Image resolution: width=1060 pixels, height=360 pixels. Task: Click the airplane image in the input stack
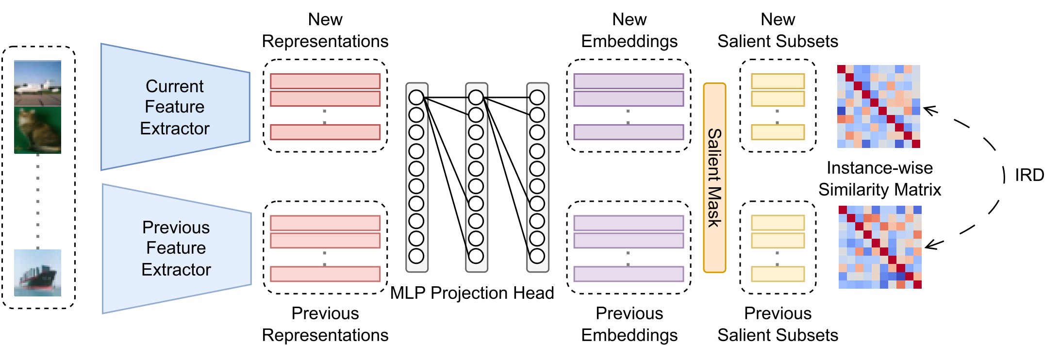point(37,83)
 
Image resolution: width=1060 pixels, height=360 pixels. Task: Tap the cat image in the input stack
point(37,130)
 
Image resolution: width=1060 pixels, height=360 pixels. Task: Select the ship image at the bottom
point(37,273)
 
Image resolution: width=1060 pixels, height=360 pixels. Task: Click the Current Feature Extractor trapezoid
point(175,107)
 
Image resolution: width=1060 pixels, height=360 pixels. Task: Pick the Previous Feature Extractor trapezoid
point(176,248)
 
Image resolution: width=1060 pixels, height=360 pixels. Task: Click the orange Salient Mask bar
point(714,178)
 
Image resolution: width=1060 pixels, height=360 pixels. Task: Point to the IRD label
point(1029,175)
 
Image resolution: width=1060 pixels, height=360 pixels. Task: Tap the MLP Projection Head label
point(472,293)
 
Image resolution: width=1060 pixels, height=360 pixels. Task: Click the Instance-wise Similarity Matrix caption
point(879,179)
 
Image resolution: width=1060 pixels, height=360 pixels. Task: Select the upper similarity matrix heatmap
point(878,106)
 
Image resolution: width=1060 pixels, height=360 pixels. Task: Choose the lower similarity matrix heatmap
point(880,247)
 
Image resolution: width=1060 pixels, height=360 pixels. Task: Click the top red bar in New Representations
point(325,81)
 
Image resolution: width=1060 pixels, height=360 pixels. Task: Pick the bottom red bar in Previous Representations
point(325,274)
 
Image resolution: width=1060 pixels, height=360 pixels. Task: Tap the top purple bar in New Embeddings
point(629,81)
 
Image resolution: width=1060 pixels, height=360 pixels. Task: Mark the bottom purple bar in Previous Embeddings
point(629,274)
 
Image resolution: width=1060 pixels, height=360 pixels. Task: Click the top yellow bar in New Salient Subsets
point(778,81)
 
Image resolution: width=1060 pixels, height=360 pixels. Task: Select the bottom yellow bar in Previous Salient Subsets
point(778,274)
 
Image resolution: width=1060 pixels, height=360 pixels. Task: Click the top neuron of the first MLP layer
point(416,98)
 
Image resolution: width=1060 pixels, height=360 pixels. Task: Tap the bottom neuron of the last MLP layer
point(537,256)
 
